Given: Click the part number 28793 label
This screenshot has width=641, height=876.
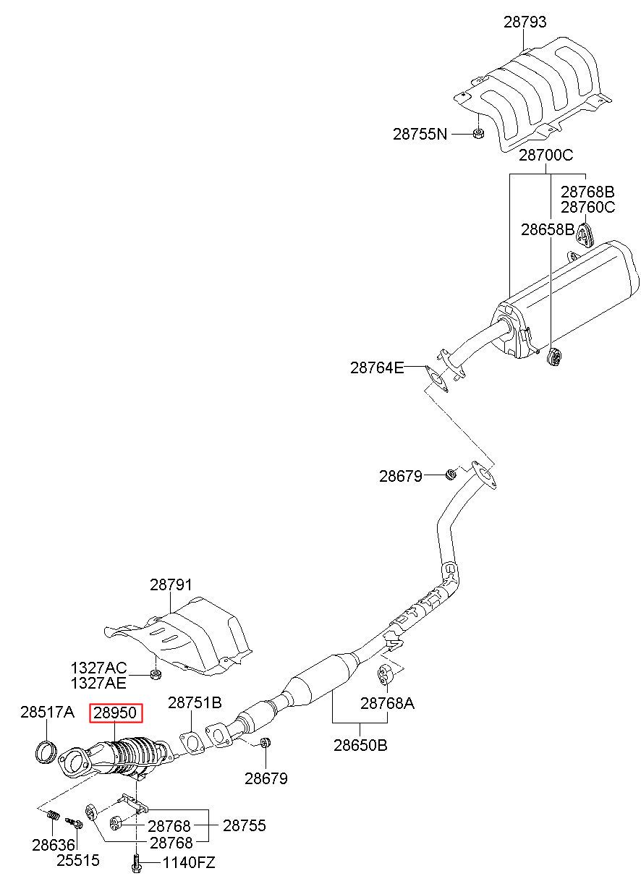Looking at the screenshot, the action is pyautogui.click(x=525, y=22).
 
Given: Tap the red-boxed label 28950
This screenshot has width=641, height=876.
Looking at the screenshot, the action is pyautogui.click(x=116, y=713).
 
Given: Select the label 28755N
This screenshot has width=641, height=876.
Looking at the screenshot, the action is pyautogui.click(x=420, y=134).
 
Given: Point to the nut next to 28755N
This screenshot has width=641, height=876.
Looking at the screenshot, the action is pyautogui.click(x=478, y=133).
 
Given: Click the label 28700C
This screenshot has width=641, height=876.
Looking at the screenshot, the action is pyautogui.click(x=546, y=156).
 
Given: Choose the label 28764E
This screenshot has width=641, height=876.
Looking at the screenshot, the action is pyautogui.click(x=377, y=367).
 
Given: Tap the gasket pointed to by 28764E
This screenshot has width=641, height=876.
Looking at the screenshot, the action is pyautogui.click(x=436, y=378).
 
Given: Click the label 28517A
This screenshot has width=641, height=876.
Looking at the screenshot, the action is pyautogui.click(x=47, y=712).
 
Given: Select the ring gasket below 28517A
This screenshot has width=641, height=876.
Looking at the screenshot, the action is pyautogui.click(x=46, y=752).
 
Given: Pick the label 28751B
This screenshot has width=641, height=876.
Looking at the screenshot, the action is pyautogui.click(x=195, y=703).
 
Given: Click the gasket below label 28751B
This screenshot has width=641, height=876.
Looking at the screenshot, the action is pyautogui.click(x=192, y=744).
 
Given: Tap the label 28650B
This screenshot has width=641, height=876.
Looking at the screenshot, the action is pyautogui.click(x=360, y=745).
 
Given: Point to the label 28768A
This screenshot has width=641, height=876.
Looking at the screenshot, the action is pyautogui.click(x=387, y=704).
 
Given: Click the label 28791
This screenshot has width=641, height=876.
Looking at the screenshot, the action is pyautogui.click(x=171, y=585).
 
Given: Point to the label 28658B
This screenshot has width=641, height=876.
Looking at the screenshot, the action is pyautogui.click(x=548, y=229).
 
